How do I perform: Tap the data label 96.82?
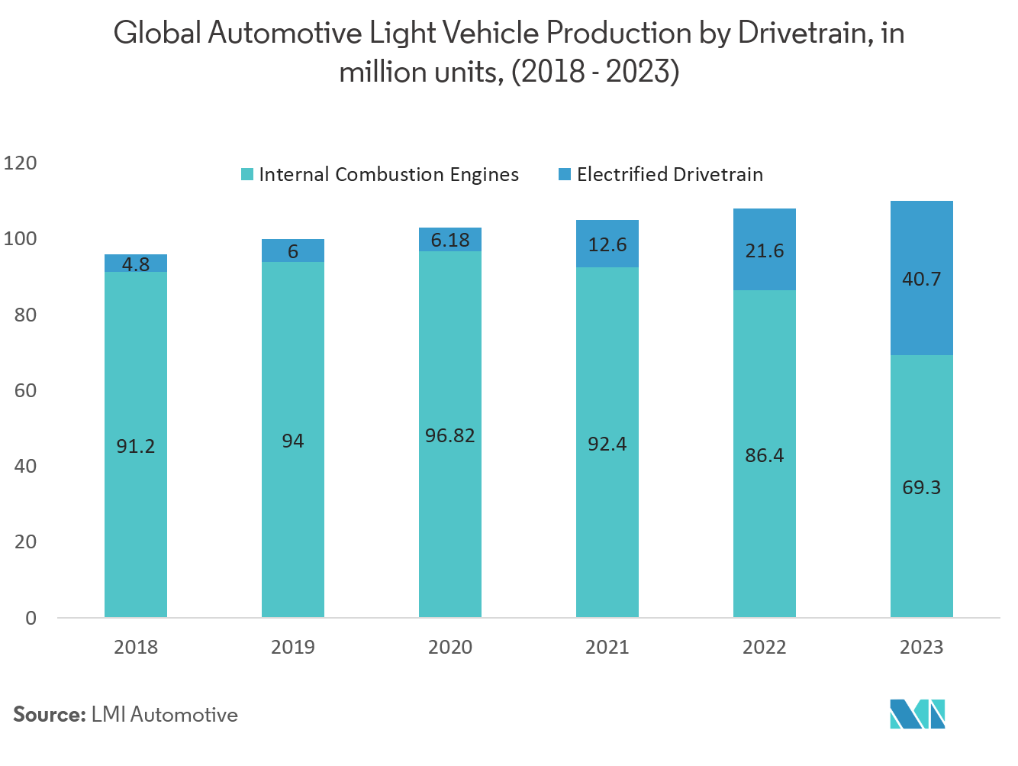[449, 435]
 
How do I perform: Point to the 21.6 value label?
[764, 250]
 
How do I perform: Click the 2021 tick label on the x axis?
[607, 647]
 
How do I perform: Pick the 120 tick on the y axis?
[20, 163]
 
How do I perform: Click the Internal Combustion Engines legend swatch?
[246, 174]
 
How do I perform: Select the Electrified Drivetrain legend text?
[669, 174]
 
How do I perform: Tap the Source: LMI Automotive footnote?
[125, 715]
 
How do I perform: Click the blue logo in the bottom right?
[917, 713]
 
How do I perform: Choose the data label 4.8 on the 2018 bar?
[136, 264]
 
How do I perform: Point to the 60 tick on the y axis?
[25, 390]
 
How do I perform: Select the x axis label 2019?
[292, 647]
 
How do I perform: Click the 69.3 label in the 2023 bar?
[921, 487]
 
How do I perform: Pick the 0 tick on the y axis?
[31, 618]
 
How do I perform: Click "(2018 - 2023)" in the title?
[594, 72]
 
